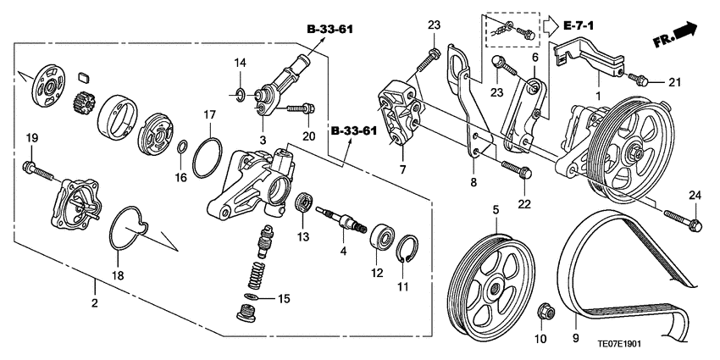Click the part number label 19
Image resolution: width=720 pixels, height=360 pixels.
[31, 138]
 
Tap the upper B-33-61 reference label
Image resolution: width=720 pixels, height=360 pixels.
[330, 30]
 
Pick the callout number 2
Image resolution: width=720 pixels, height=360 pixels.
[95, 303]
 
